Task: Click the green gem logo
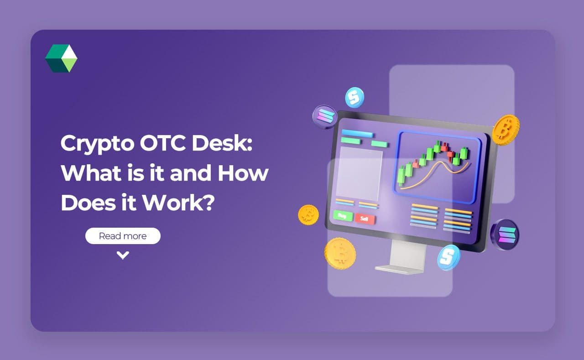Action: (x=61, y=58)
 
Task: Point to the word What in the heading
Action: (x=89, y=173)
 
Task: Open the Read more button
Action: (x=123, y=236)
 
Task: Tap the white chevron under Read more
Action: (x=123, y=255)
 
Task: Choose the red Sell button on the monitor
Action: (x=365, y=219)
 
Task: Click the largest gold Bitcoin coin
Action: (x=340, y=253)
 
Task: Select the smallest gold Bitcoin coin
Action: (x=308, y=214)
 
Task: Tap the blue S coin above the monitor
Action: (x=354, y=97)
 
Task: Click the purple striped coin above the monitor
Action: (x=324, y=116)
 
